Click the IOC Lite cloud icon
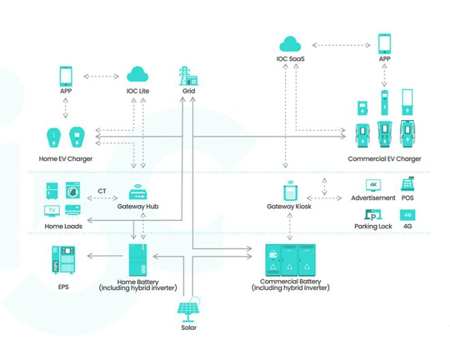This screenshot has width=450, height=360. (x=138, y=74)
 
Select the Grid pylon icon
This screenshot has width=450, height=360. (x=187, y=74)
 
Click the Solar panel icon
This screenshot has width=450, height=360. (x=189, y=309)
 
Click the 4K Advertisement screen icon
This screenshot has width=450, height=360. (x=373, y=185)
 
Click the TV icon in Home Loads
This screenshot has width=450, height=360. (x=52, y=211)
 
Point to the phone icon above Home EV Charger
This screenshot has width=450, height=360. (x=66, y=74)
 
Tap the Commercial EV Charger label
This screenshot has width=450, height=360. (x=385, y=159)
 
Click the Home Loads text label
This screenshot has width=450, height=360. (x=64, y=226)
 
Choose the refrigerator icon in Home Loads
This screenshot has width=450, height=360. (x=52, y=190)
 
